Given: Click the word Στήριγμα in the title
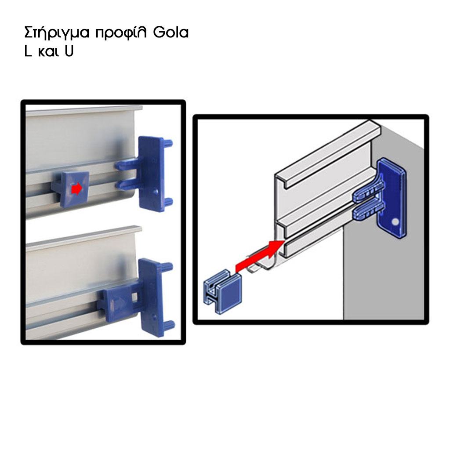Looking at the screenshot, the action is pyautogui.click(x=57, y=33).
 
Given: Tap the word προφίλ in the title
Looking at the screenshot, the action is pyautogui.click(x=121, y=33).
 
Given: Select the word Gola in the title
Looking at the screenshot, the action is pyautogui.click(x=171, y=32).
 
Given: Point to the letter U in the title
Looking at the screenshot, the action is pyautogui.click(x=69, y=51).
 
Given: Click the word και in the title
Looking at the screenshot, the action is pyautogui.click(x=48, y=52).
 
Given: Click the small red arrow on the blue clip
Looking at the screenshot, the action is pyautogui.click(x=76, y=189).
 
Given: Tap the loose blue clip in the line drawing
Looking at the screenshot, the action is pyautogui.click(x=222, y=293).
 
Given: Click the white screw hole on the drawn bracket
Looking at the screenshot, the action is pyautogui.click(x=395, y=221).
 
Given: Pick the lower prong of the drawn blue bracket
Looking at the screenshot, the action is pyautogui.click(x=368, y=211).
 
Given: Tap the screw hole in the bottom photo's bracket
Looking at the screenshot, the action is pyautogui.click(x=155, y=317).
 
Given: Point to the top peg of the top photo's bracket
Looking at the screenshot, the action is pyautogui.click(x=168, y=142).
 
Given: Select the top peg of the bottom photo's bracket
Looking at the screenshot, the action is pyautogui.click(x=168, y=267).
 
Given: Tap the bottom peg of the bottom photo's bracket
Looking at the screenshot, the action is pyautogui.click(x=169, y=325).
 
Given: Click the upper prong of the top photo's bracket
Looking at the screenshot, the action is pyautogui.click(x=127, y=166).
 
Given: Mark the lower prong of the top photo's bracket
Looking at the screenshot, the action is pyautogui.click(x=127, y=185).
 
